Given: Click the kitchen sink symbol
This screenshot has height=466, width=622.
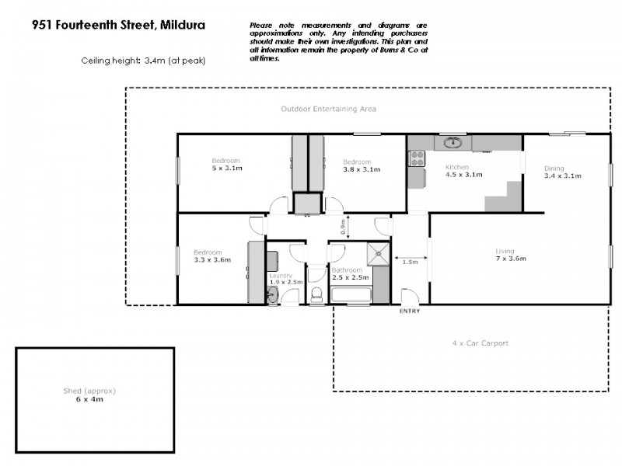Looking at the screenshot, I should (453, 143).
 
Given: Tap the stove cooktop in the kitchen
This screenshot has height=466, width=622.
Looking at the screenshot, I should (417, 158).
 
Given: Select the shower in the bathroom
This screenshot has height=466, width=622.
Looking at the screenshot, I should (379, 252).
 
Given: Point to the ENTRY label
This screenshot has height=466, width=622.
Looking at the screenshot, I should (409, 311).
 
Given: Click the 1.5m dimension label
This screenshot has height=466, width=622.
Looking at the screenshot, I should (410, 263).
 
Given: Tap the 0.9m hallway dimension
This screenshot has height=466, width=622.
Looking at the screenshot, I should (343, 226).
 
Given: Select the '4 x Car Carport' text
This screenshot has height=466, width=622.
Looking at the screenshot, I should (480, 343).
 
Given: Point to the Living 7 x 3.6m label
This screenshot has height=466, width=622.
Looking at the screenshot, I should (505, 254).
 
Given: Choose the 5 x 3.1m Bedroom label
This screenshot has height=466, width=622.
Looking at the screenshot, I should (226, 164).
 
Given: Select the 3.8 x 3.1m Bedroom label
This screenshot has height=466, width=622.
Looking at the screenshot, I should (361, 165).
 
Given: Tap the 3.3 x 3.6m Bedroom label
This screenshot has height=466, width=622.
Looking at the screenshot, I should (208, 256).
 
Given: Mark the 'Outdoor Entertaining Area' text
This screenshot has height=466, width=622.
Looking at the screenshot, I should (328, 110).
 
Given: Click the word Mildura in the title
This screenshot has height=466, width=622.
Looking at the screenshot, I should (182, 25).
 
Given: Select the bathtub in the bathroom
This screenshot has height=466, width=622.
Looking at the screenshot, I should (351, 294).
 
